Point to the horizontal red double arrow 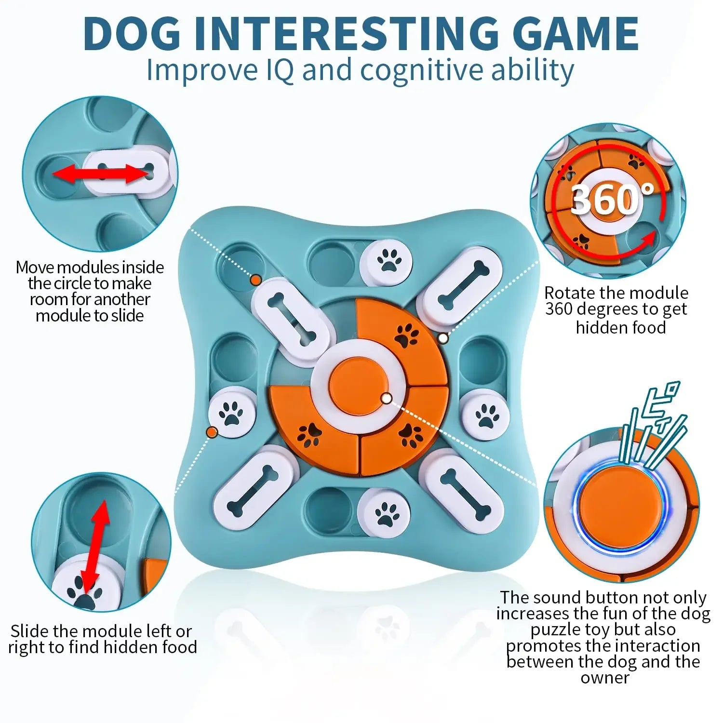pyautogui.click(x=102, y=173)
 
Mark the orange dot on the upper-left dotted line pyautogui.click(x=256, y=280)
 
